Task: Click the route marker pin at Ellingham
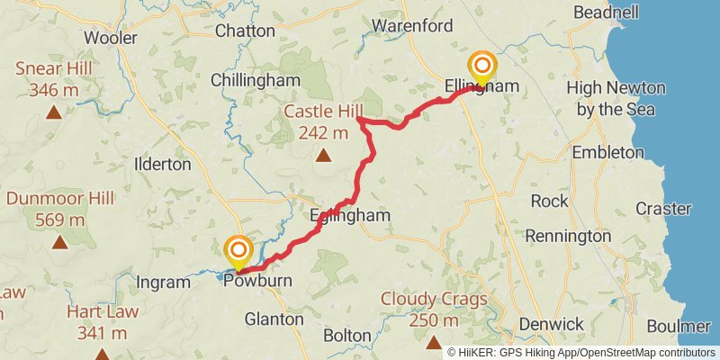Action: [x=483, y=67]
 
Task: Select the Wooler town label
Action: [x=110, y=38]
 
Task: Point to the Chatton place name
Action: [x=245, y=31]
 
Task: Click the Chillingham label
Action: [x=255, y=80]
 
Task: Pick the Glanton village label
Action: [x=274, y=319]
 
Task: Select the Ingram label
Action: [x=163, y=283]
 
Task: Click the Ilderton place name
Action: [x=162, y=165]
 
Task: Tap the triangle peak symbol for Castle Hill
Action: [x=323, y=156]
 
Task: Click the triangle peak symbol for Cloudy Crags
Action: [x=434, y=342]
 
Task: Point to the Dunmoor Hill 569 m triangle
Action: [x=59, y=241]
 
